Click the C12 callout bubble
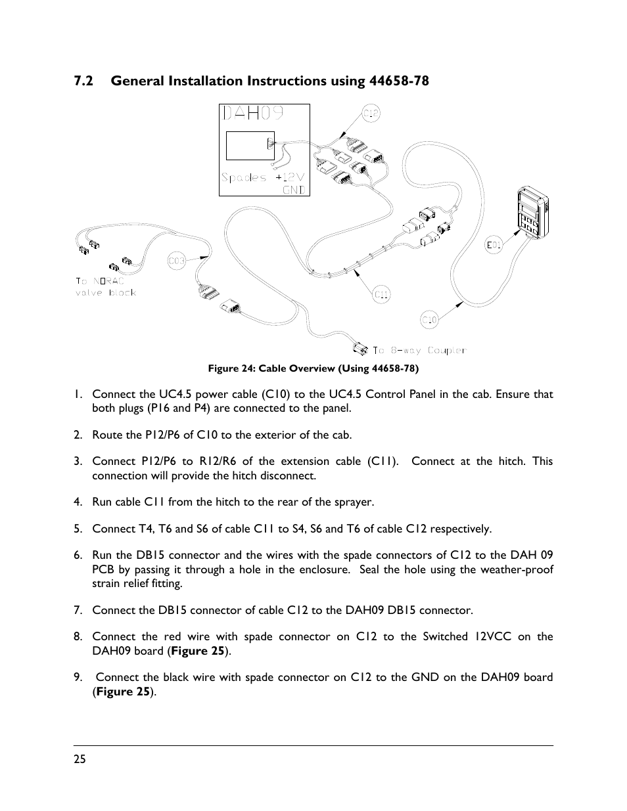pyautogui.click(x=371, y=114)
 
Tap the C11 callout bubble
pyautogui.click(x=382, y=295)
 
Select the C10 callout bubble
pyautogui.click(x=429, y=320)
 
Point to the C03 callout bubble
pyautogui.click(x=176, y=261)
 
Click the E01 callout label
pyautogui.click(x=494, y=246)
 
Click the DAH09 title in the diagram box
pyautogui.click(x=253, y=114)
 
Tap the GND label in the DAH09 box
pyautogui.click(x=294, y=190)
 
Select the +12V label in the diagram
pyautogui.click(x=290, y=177)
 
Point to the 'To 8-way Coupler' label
pyautogui.click(x=419, y=351)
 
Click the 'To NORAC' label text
pyautogui.click(x=99, y=280)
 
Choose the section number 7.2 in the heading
pyautogui.click(x=83, y=81)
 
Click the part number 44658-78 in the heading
pyautogui.click(x=390, y=81)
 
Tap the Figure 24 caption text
pyautogui.click(x=313, y=368)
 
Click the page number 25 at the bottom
pyautogui.click(x=80, y=759)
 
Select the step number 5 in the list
pyautogui.click(x=78, y=529)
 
